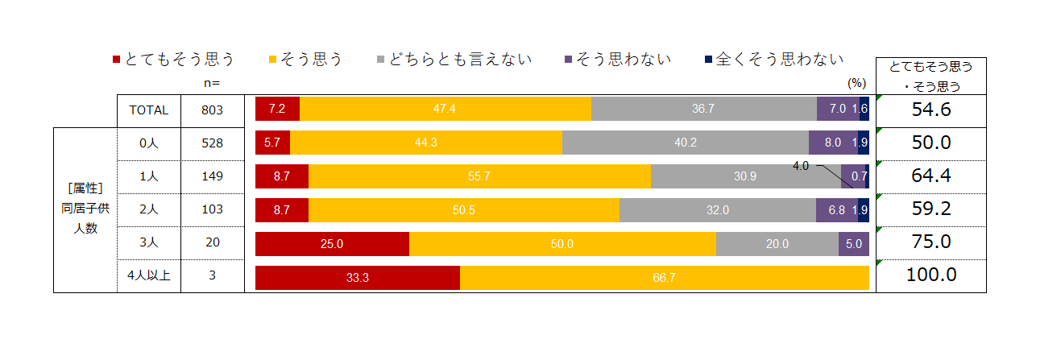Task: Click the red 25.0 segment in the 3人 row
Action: click(x=332, y=244)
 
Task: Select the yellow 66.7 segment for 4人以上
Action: click(x=665, y=278)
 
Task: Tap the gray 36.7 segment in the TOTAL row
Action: click(x=703, y=109)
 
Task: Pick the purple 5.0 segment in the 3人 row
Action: click(x=853, y=244)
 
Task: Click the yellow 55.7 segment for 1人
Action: click(x=479, y=176)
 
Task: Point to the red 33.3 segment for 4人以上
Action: click(x=357, y=278)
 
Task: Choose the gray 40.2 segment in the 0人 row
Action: click(x=685, y=143)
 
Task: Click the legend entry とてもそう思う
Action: click(x=173, y=60)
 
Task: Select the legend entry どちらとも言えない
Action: click(x=454, y=60)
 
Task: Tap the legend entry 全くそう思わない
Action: click(x=773, y=60)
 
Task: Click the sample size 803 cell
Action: click(x=213, y=110)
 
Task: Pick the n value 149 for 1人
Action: click(x=213, y=176)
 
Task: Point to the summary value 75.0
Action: click(x=931, y=242)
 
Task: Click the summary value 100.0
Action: click(x=931, y=275)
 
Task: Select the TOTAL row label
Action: click(x=149, y=110)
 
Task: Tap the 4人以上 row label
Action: click(x=149, y=275)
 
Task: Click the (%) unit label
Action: click(x=856, y=82)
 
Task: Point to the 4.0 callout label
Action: click(x=801, y=166)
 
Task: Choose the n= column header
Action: click(x=213, y=82)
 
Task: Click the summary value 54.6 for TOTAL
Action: click(x=931, y=110)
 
